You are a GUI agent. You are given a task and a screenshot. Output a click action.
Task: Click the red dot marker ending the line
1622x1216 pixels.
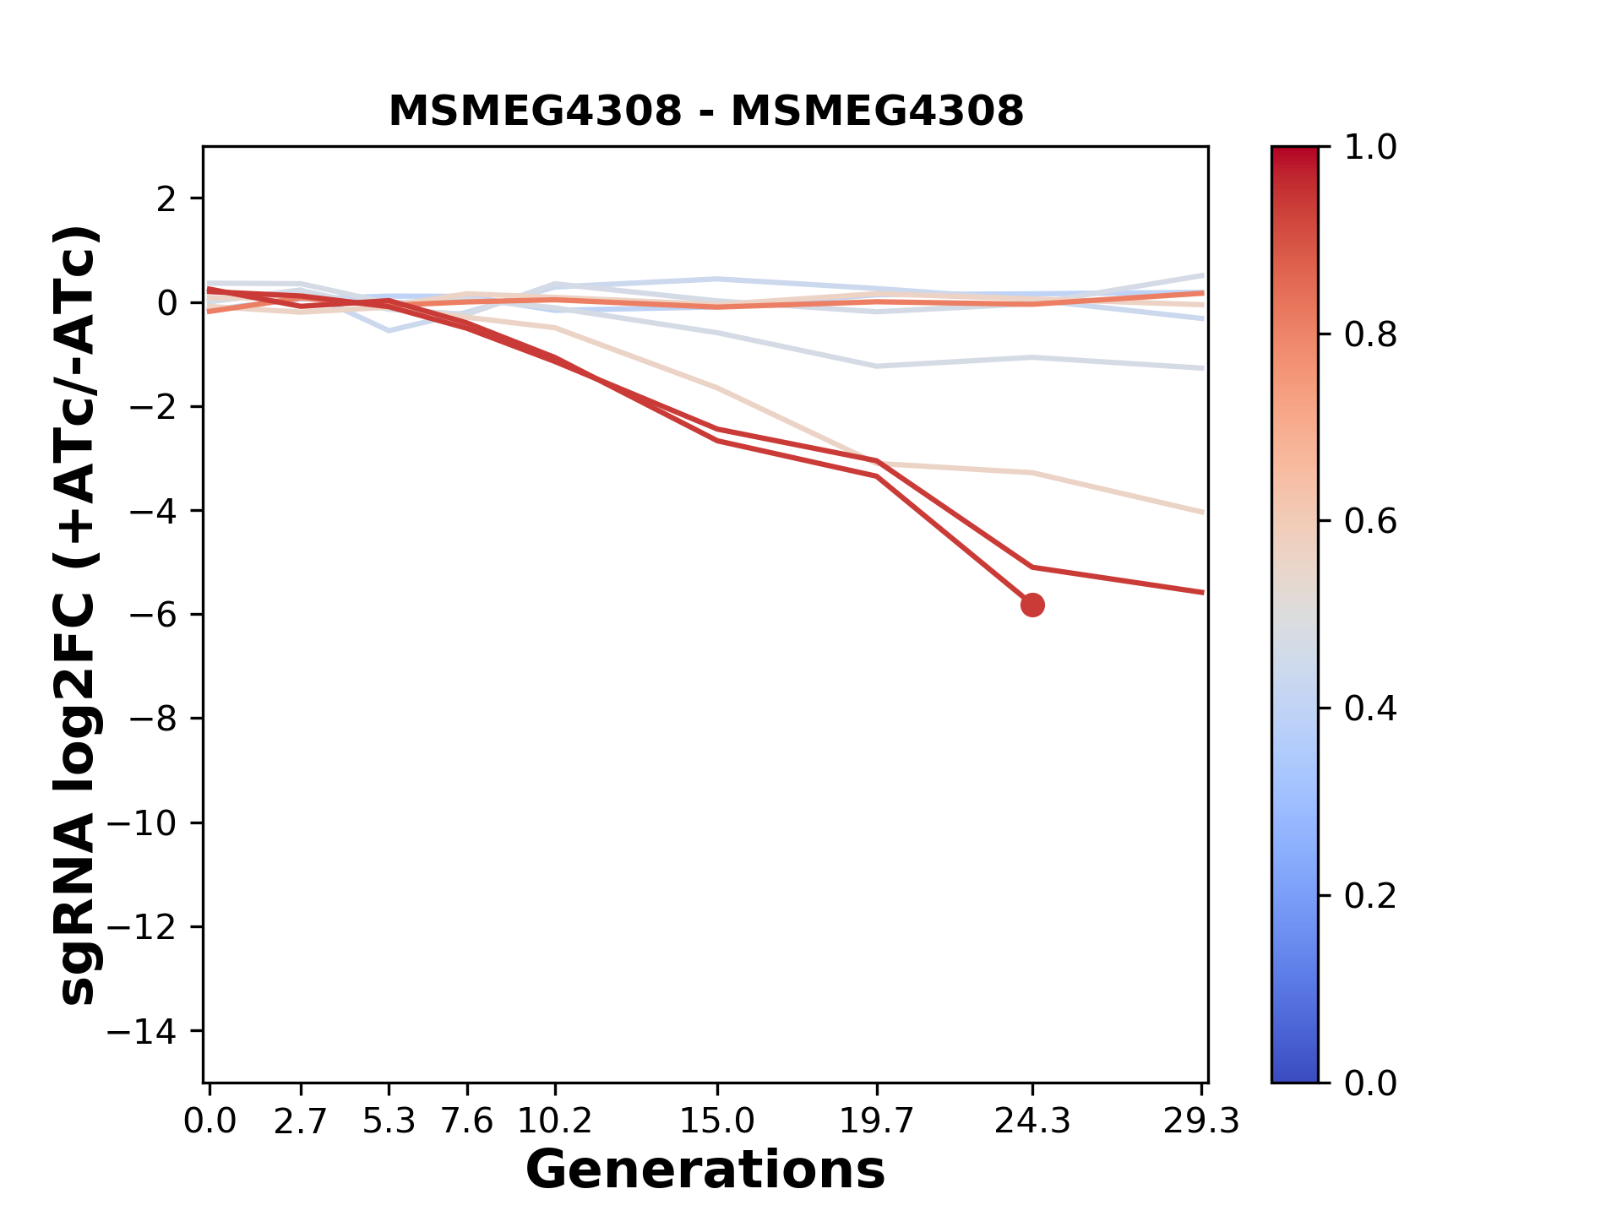click(1031, 605)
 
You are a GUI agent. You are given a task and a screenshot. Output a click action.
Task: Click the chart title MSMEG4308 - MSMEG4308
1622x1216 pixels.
click(705, 111)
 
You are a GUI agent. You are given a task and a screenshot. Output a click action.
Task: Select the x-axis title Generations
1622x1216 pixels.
click(705, 1170)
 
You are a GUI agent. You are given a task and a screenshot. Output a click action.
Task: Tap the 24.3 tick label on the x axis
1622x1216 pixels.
click(1031, 1121)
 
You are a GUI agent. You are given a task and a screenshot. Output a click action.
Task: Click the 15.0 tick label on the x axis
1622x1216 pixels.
click(716, 1121)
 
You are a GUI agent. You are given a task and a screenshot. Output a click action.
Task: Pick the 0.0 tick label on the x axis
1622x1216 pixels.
click(210, 1121)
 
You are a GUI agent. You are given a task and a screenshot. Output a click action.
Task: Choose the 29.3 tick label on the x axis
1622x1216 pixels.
click(1201, 1121)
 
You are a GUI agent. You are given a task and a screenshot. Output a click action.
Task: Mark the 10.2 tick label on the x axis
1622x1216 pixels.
click(554, 1121)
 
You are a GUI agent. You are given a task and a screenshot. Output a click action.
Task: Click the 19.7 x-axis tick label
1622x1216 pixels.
click(877, 1121)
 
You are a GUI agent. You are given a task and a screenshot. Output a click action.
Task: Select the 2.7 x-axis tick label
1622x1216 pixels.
click(301, 1121)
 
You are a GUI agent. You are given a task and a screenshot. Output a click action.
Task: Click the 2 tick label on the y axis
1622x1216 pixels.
click(167, 199)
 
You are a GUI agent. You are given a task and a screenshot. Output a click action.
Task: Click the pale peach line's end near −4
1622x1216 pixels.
click(1201, 512)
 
